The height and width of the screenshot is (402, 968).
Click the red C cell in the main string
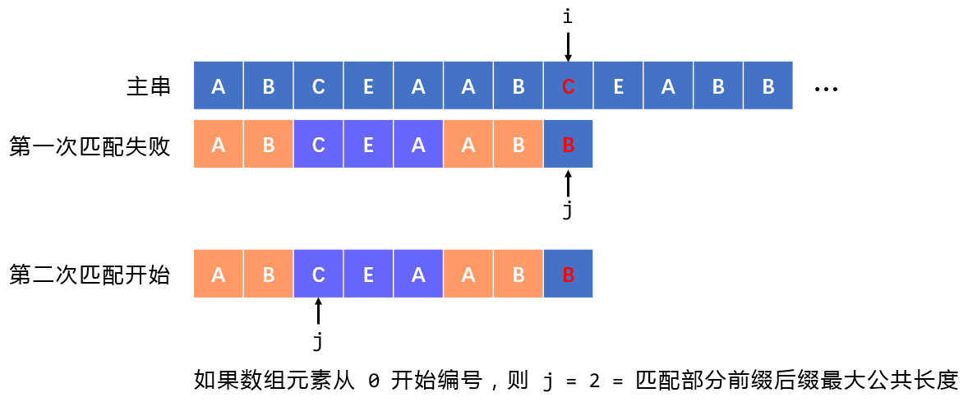click(568, 85)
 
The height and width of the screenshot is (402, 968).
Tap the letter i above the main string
click(568, 16)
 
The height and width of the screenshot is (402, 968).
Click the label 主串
click(149, 85)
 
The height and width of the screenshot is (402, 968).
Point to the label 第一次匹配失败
click(90, 146)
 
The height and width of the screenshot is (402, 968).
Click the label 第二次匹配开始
click(90, 275)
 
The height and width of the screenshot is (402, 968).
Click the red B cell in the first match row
click(568, 145)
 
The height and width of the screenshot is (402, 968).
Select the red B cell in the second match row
click(568, 275)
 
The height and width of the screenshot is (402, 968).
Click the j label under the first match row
click(568, 210)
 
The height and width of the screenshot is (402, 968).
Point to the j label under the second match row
click(318, 339)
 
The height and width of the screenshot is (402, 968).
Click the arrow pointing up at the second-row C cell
click(318, 312)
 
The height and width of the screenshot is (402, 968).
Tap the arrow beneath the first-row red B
click(568, 183)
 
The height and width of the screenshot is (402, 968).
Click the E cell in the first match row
click(368, 145)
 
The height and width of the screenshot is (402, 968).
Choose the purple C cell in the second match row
click(318, 275)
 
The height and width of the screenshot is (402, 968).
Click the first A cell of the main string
click(219, 85)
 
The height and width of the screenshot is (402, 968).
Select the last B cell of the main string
click(767, 85)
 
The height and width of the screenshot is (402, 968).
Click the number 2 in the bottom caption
click(594, 381)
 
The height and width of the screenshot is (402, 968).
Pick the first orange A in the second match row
click(219, 275)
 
